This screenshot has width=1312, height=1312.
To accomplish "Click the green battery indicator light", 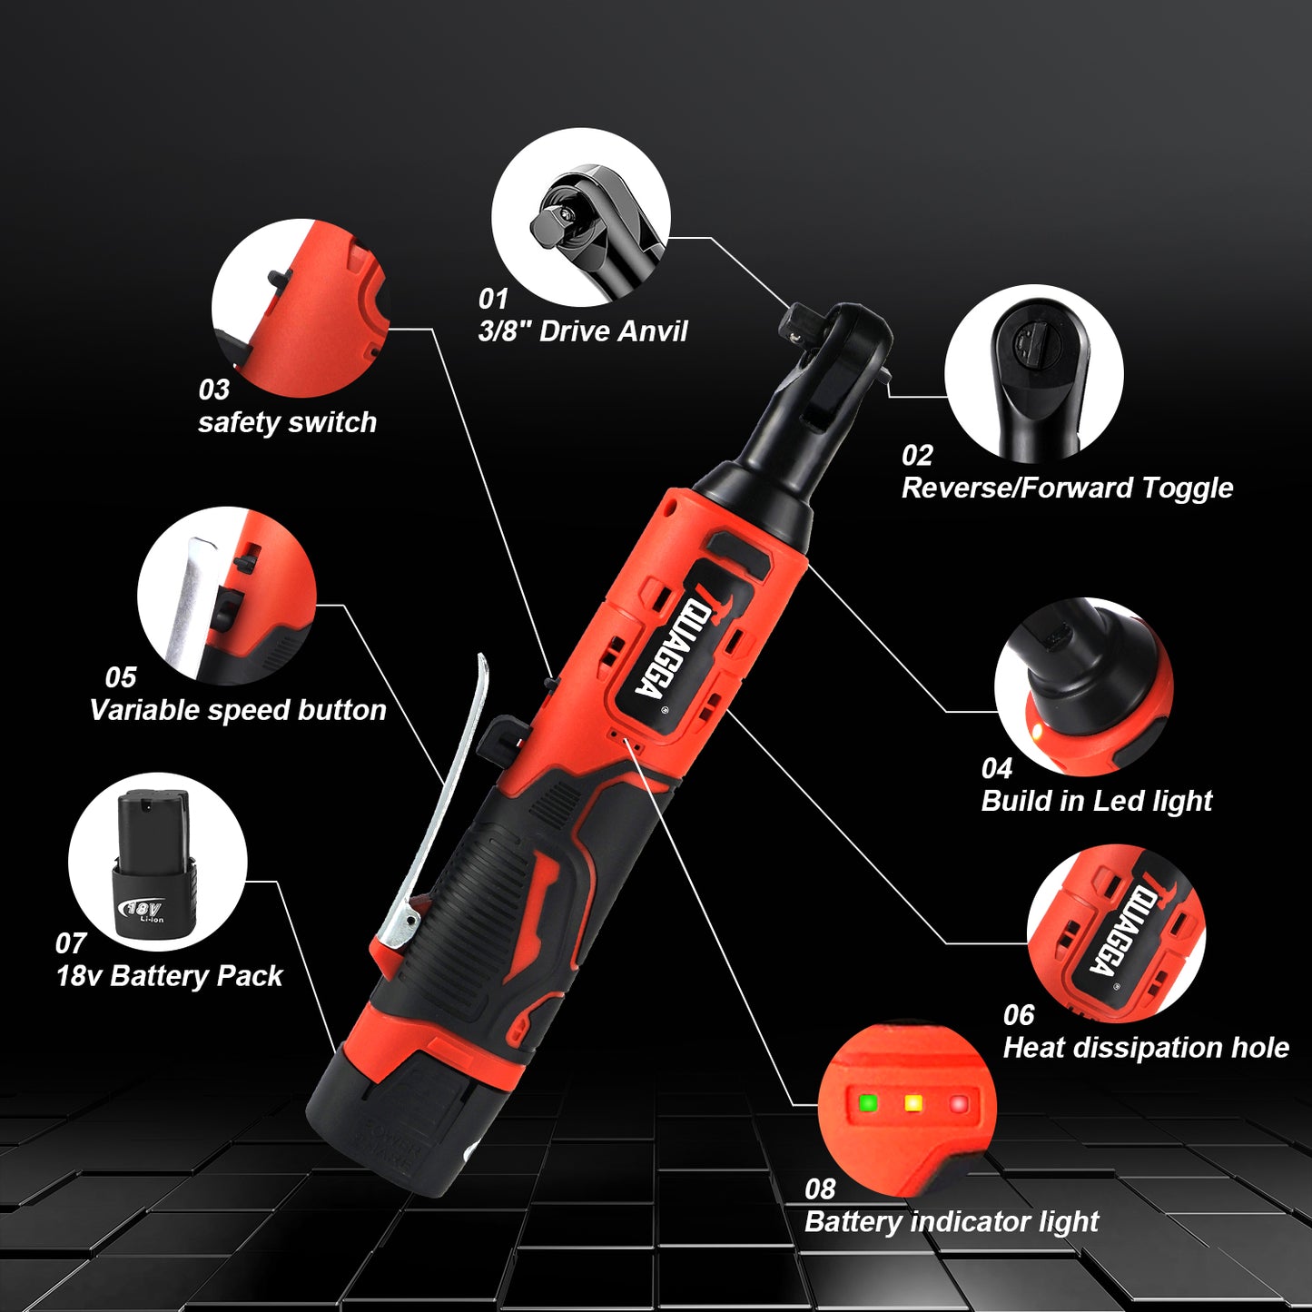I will coord(868,1103).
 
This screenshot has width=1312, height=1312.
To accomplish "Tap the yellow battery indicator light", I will coord(913,1103).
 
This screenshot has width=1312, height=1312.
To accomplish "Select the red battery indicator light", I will coord(958,1104).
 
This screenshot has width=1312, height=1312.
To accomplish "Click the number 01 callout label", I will coord(493,299).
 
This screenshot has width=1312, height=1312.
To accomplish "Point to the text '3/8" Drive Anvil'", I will coord(583,331).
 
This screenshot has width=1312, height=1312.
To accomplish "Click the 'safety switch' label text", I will coord(287,422).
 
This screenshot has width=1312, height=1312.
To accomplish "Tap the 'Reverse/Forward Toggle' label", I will coord(1067,488).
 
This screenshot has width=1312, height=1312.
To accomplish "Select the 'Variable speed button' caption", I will coord(238,710).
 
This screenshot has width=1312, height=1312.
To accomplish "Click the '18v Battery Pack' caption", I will coord(170,976).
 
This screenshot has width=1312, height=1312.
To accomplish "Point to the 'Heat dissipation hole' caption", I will coord(1146,1048).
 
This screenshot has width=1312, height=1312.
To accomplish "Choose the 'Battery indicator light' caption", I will coord(952,1222).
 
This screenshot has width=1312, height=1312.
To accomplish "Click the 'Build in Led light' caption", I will coord(1097,801).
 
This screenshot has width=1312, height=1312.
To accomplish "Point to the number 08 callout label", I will coord(819,1189).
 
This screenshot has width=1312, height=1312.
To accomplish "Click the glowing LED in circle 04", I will coord(1036,731).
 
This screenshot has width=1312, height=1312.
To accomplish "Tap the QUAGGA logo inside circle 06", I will coord(1116,930).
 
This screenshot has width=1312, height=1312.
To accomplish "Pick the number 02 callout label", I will coord(917,455).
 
